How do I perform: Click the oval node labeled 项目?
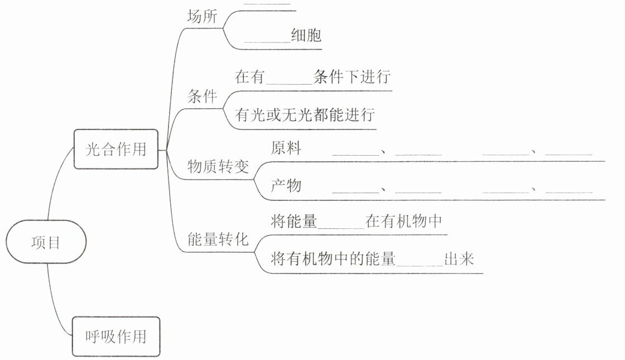(46, 243)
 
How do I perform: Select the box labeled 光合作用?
(116, 149)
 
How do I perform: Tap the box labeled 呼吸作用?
(116, 337)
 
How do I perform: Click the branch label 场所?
(203, 17)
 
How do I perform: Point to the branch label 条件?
(203, 97)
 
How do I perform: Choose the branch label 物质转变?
(218, 167)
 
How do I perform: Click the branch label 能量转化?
(218, 241)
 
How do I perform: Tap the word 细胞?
(306, 36)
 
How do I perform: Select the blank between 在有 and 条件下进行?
(290, 79)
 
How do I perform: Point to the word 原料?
(286, 148)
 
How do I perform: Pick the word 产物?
(286, 185)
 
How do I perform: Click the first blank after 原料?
(355, 152)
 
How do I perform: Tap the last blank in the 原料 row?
(569, 152)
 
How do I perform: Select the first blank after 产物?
(355, 189)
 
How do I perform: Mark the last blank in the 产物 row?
(569, 189)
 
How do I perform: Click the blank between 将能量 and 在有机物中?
(340, 224)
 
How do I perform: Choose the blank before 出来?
(419, 262)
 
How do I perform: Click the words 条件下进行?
(352, 77)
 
